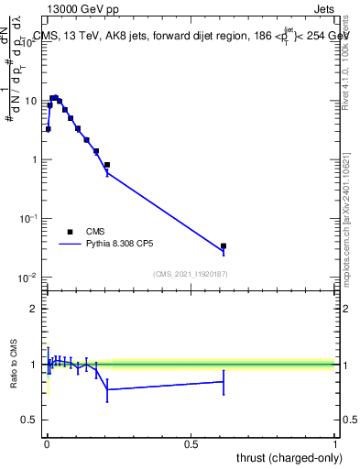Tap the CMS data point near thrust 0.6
pos(224,245)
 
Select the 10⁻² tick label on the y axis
pos(30,278)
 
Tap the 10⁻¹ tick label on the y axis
pos(30,219)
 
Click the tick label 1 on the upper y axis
pos(35,160)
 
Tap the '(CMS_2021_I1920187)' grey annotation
pos(191,273)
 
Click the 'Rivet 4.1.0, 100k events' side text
pos(345,60)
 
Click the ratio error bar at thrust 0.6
pos(224,382)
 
